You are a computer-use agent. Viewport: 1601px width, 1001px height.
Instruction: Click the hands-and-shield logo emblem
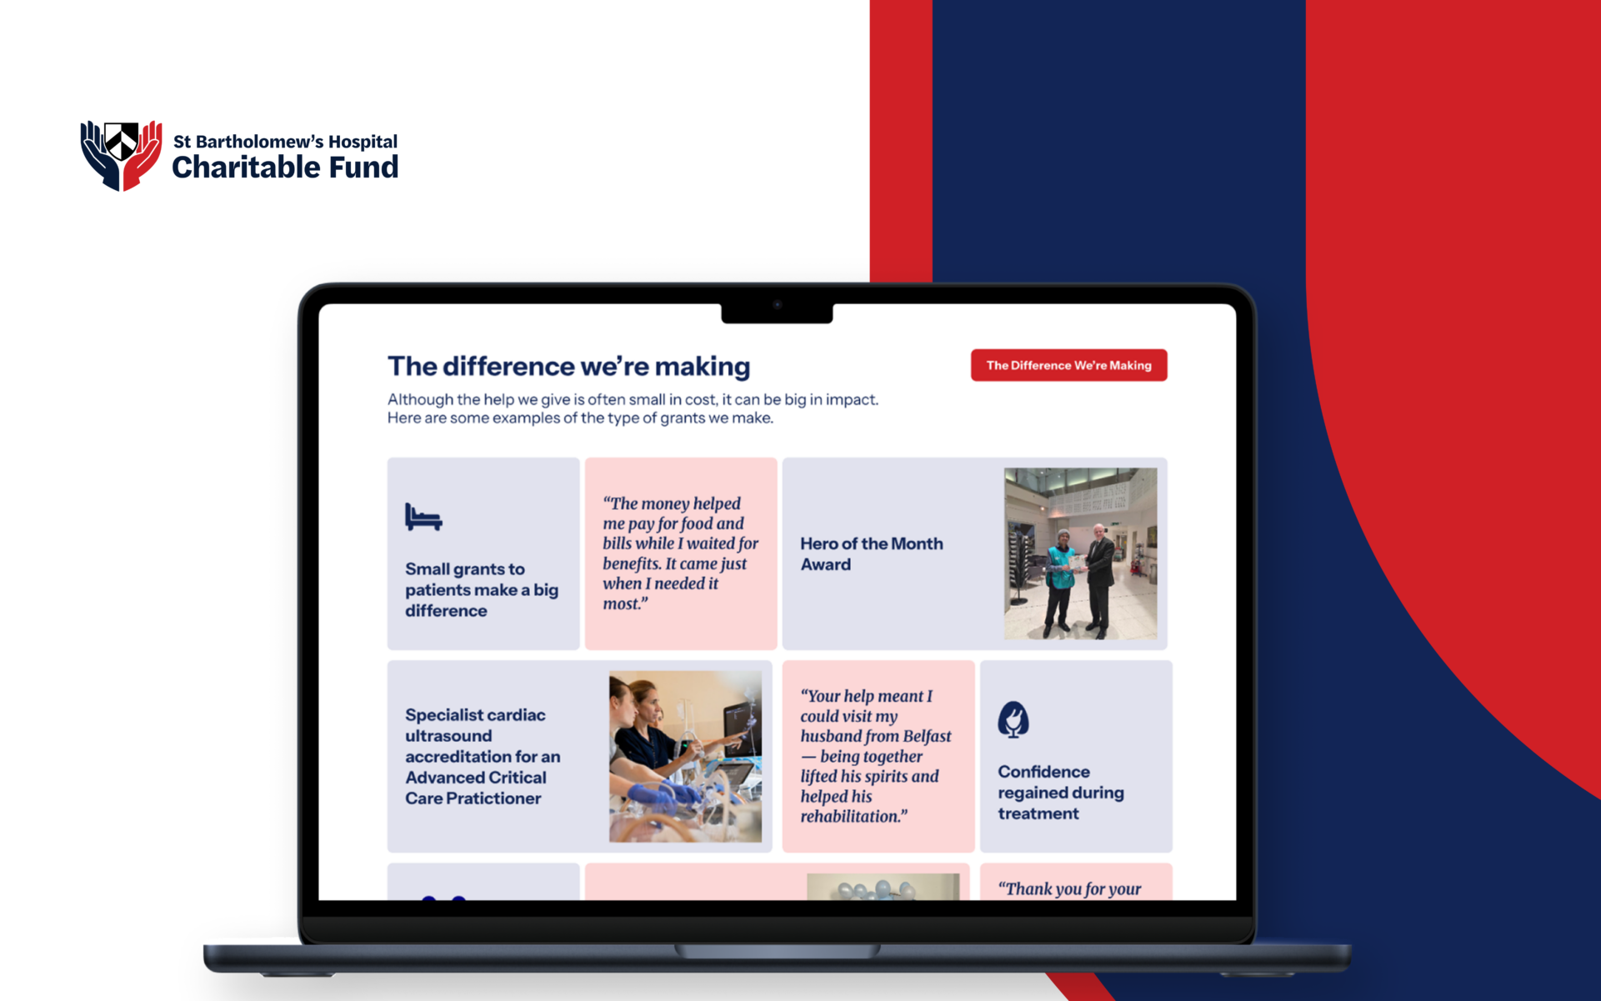pyautogui.click(x=121, y=156)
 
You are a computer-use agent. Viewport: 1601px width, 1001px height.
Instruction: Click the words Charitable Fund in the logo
pyautogui.click(x=285, y=168)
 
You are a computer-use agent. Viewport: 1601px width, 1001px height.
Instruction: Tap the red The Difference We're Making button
pyautogui.click(x=1068, y=365)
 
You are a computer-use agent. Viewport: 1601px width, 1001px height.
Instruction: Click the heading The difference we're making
pyautogui.click(x=568, y=366)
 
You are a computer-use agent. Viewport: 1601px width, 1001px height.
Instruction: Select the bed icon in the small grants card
pyautogui.click(x=423, y=517)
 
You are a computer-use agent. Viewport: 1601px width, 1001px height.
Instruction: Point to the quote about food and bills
pyautogui.click(x=680, y=553)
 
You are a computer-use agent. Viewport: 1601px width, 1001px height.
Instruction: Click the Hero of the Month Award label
pyautogui.click(x=872, y=553)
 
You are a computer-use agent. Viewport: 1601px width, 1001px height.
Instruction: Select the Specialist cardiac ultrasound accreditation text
pyautogui.click(x=483, y=756)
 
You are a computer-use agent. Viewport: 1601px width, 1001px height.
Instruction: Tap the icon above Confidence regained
pyautogui.click(x=1013, y=719)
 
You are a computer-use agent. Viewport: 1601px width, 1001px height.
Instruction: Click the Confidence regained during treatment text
pyautogui.click(x=1061, y=792)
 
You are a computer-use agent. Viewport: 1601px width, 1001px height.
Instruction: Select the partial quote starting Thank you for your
pyautogui.click(x=1069, y=888)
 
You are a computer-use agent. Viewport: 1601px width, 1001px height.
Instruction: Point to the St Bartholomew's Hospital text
pyautogui.click(x=285, y=142)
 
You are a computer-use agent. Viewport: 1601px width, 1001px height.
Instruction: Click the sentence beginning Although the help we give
pyautogui.click(x=633, y=408)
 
